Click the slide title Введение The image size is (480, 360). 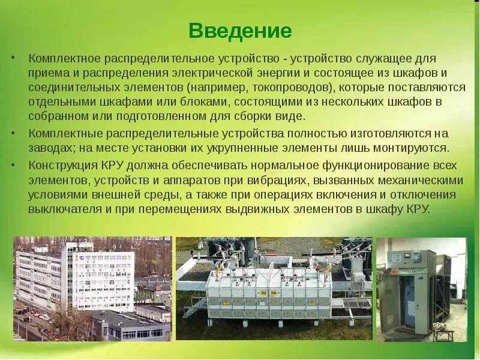(x=240, y=31)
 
